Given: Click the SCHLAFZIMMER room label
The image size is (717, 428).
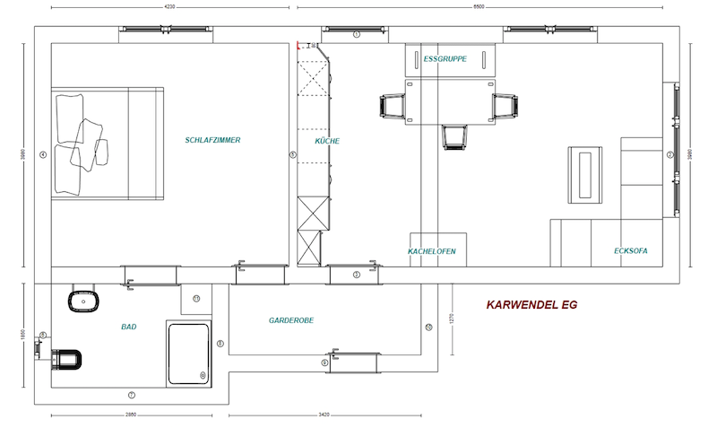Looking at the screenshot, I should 212,140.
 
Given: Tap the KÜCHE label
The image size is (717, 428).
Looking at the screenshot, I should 327,141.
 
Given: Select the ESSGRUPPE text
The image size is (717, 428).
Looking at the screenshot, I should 445,59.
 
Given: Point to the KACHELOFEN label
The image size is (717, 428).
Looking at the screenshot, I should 432,252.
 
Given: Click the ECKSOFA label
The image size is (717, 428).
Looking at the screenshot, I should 631,251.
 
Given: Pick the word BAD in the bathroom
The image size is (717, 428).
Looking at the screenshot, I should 129,327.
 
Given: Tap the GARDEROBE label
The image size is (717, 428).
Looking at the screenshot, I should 291,319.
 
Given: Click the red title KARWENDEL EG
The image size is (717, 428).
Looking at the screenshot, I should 531,305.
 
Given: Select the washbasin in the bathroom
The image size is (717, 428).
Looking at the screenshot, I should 82,301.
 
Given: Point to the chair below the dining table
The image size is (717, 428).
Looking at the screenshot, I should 455,135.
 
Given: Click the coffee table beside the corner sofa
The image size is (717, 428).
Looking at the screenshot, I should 587,173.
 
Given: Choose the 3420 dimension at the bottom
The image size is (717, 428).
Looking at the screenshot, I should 324,416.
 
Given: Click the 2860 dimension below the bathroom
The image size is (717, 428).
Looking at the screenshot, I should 131,416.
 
